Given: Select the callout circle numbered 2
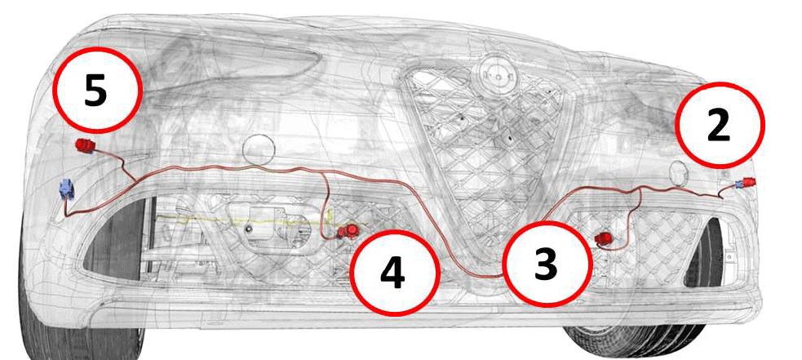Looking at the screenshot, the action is pos(720,124).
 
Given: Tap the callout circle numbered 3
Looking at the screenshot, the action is pos(545,264).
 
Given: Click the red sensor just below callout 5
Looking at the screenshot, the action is pos(85,145).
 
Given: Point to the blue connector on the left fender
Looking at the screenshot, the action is pos(66,189).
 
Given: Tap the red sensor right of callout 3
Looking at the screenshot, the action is pos(605,238).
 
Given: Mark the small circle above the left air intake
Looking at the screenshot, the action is pos(259,149).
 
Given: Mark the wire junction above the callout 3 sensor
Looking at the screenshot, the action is pos(641,190).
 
